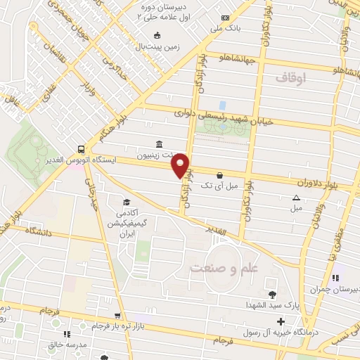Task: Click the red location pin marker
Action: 182,166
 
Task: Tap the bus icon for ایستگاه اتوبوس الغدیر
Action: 82,149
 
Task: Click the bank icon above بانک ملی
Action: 224,18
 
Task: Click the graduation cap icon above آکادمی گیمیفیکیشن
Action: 127,201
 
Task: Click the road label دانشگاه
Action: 40,231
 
